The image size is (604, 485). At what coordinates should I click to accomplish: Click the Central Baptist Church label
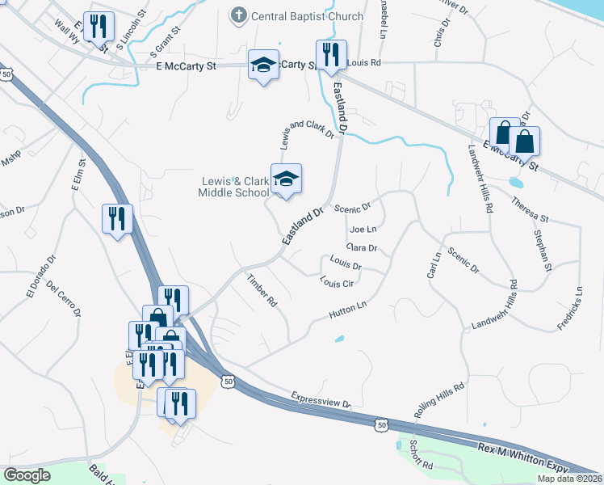tap(307, 16)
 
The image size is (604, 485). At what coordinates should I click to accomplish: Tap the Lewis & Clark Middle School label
tap(233, 187)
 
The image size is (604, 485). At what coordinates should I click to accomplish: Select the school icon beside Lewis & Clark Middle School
tap(286, 179)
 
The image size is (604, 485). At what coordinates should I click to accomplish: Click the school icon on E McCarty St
tap(263, 65)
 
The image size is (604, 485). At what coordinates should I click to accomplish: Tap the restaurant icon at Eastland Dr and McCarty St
tap(331, 55)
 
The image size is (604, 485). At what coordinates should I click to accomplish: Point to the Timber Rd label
tap(262, 289)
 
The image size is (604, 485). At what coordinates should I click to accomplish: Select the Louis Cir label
tap(338, 283)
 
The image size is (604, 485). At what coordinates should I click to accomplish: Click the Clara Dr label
tap(362, 247)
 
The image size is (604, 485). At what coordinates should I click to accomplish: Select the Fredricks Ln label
tap(569, 307)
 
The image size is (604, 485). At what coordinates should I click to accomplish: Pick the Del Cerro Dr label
tap(65, 298)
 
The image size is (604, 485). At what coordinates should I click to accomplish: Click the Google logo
tap(27, 475)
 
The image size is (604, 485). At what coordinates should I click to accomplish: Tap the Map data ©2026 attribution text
tap(569, 479)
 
